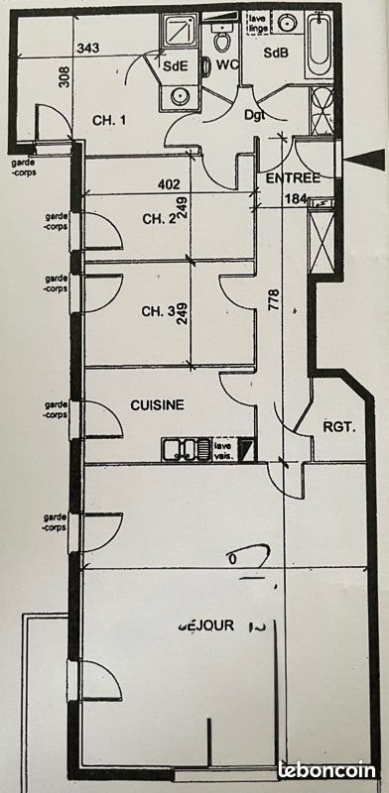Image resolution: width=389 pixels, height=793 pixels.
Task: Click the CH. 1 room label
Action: pyautogui.click(x=111, y=121)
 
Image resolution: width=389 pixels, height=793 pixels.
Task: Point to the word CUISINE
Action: pyautogui.click(x=159, y=405)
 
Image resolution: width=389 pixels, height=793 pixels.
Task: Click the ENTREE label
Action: pyautogui.click(x=293, y=178)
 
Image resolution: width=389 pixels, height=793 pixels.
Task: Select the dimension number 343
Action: pyautogui.click(x=89, y=49)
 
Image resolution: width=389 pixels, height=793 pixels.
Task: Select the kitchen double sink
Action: pyautogui.click(x=186, y=450)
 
